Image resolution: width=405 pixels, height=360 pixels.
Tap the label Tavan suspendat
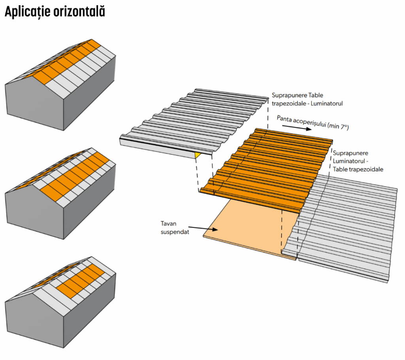tap(174, 227)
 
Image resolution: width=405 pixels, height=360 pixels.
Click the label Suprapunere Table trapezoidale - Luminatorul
tap(307, 99)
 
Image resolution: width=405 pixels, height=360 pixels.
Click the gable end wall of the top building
tap(34, 105)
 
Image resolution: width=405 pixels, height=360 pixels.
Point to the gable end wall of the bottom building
tap(34, 324)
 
